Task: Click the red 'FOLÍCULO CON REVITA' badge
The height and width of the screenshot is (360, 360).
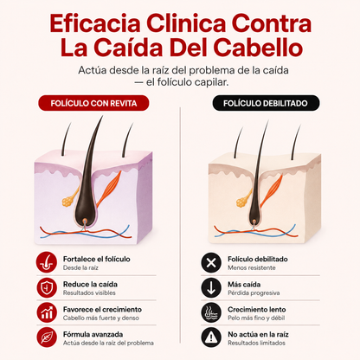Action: tap(93, 103)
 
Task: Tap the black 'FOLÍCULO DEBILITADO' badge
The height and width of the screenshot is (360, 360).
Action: tap(266, 103)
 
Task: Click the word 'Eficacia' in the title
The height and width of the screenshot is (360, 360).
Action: tap(95, 23)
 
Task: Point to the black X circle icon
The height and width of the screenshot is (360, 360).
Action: tap(211, 263)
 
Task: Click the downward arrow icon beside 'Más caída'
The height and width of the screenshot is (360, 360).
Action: tap(211, 288)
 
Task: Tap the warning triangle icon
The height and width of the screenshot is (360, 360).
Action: tap(211, 337)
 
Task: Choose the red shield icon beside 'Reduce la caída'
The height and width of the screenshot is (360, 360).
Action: tap(47, 288)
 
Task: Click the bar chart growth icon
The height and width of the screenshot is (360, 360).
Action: tap(47, 312)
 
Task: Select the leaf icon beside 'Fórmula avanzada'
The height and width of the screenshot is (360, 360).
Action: tap(47, 337)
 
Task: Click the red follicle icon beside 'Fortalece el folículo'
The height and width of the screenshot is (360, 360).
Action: tap(47, 262)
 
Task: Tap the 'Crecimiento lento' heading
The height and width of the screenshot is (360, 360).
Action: tap(257, 310)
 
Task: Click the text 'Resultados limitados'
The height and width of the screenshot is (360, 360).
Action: tap(256, 343)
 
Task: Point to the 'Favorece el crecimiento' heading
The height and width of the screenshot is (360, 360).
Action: tap(102, 310)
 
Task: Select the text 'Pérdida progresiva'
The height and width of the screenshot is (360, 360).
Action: tap(254, 293)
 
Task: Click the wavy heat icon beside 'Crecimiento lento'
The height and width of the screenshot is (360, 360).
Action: tap(211, 312)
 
